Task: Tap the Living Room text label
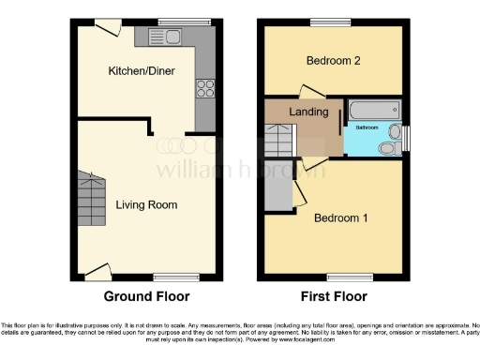point(146,204)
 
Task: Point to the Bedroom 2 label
point(334,62)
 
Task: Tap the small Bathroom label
point(366,127)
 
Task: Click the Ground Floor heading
point(146,296)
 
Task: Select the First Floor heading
point(335,296)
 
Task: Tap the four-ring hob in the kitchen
point(204,90)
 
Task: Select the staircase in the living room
point(92,196)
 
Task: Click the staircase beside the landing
point(277,141)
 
